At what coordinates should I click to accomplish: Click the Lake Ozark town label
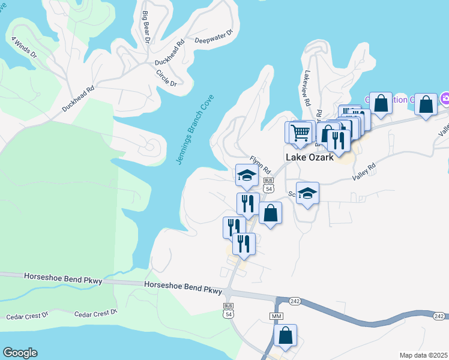[x=309, y=157]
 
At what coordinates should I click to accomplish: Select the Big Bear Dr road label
[x=145, y=28]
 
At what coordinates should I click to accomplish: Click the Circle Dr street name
[x=166, y=78]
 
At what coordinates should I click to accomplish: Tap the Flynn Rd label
[x=261, y=163]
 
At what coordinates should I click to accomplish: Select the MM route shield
[x=276, y=316]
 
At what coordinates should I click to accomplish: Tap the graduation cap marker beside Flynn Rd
[x=247, y=175]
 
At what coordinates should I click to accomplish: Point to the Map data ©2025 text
[x=423, y=355]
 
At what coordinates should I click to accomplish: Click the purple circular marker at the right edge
[x=445, y=98]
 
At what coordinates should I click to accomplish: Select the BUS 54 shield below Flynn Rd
[x=269, y=185]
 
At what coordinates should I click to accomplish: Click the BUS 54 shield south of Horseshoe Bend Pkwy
[x=228, y=310]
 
